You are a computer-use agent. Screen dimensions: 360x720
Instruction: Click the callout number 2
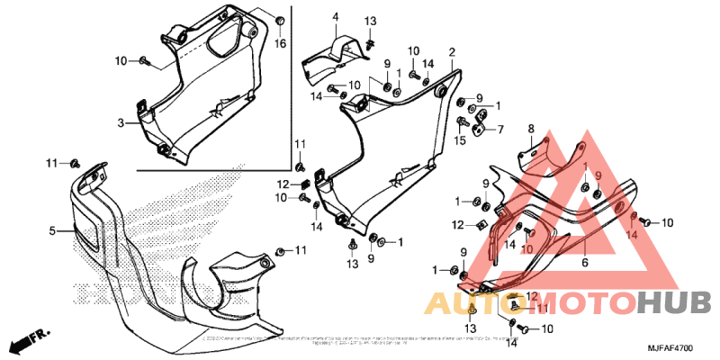452,52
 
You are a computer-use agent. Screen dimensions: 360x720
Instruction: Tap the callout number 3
120,122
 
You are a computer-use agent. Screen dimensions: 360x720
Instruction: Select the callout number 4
335,17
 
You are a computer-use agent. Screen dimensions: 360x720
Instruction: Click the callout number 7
500,129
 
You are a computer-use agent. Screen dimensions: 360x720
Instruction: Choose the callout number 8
531,129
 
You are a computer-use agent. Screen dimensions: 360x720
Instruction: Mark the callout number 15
460,139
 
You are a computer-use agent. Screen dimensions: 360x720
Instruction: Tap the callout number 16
280,44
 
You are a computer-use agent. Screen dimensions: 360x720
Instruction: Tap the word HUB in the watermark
674,302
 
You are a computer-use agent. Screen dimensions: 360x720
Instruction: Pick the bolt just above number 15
463,121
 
